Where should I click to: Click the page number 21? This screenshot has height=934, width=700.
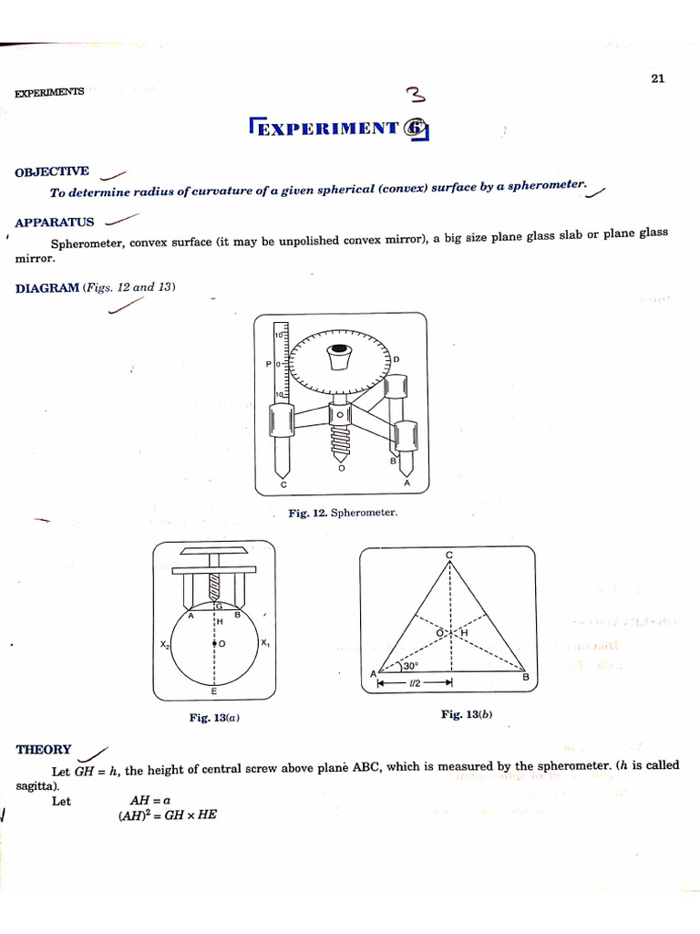658,78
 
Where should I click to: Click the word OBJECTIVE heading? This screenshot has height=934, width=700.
52,171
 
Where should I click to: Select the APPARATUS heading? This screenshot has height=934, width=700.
55,222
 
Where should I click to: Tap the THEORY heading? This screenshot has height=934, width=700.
44,750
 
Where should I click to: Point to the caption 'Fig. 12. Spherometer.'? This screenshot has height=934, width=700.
343,514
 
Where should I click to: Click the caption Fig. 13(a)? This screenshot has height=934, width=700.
214,718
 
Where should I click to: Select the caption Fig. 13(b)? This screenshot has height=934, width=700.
467,714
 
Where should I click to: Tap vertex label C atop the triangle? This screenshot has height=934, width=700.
449,555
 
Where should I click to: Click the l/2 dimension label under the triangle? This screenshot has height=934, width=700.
416,682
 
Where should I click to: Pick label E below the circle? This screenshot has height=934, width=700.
213,692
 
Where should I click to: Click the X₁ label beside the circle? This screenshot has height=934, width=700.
264,643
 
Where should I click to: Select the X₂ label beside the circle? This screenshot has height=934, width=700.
165,644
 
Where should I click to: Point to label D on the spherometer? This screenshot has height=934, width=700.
396,359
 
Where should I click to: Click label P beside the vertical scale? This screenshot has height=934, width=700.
268,364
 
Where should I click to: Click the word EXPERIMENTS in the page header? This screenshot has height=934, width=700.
49,92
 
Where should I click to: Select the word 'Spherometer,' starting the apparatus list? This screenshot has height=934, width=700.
87,244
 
